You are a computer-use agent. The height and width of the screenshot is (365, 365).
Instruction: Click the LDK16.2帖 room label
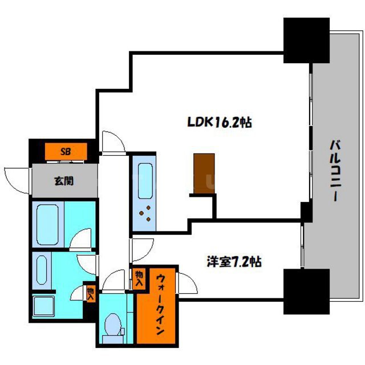point(219,122)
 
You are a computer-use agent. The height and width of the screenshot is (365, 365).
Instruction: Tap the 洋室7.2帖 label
point(234,261)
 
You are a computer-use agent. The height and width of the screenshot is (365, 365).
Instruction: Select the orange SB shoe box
point(66,152)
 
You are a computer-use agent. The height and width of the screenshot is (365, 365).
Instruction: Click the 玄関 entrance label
point(64,181)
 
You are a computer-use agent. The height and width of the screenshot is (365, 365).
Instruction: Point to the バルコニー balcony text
point(335,170)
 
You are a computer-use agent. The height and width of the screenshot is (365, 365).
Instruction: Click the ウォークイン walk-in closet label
point(160,304)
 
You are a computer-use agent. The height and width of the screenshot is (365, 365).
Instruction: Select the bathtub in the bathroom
point(47,224)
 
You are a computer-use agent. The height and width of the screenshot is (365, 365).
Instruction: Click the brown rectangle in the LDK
point(204,173)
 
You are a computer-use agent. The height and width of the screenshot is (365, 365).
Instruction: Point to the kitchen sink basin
point(145,181)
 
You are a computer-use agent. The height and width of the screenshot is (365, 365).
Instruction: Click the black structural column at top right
point(306,40)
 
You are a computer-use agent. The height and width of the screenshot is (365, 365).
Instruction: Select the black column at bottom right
point(306,291)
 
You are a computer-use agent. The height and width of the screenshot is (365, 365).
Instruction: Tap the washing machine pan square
point(43,306)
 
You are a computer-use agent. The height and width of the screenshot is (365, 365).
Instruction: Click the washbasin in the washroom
point(42,270)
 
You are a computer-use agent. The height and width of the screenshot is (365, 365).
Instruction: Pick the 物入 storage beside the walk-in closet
point(140,279)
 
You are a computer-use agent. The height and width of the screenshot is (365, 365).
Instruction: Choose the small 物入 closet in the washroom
point(91,294)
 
